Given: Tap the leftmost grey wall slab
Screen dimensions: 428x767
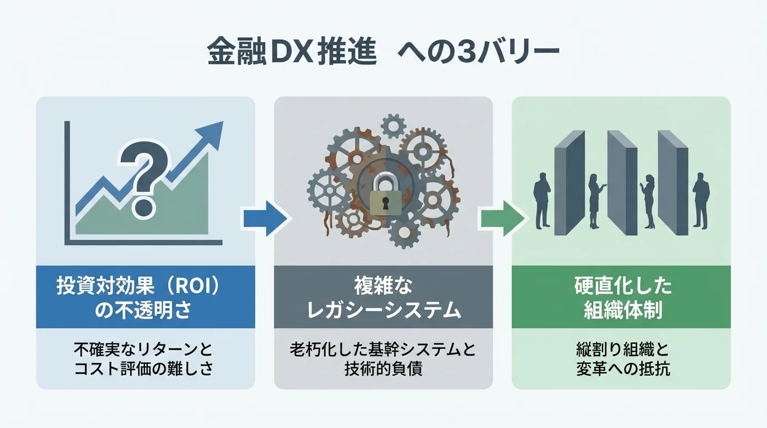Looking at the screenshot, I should click(x=569, y=181).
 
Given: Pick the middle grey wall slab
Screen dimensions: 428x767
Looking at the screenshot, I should click(x=621, y=181).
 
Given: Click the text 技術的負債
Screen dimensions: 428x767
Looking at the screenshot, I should click(x=384, y=369).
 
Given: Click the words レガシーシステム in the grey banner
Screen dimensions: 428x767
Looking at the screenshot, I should click(x=384, y=310).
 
